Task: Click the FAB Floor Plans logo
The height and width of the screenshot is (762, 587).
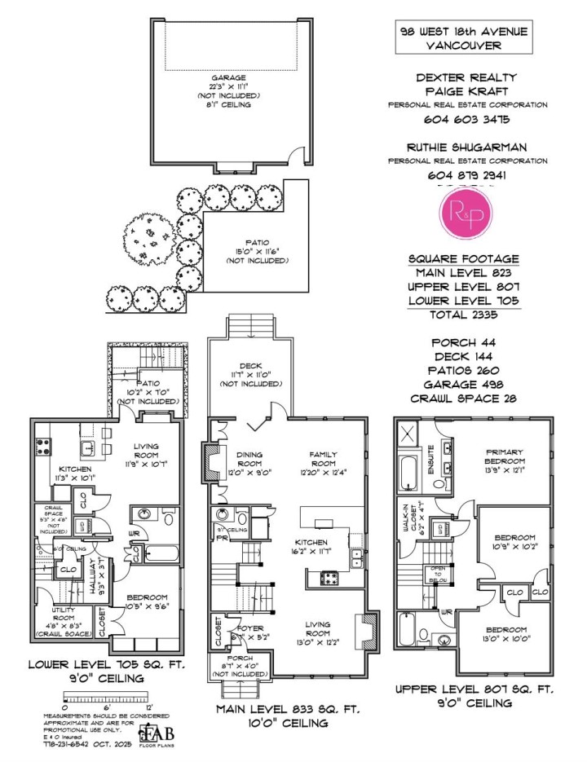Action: pyautogui.click(x=158, y=732)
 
